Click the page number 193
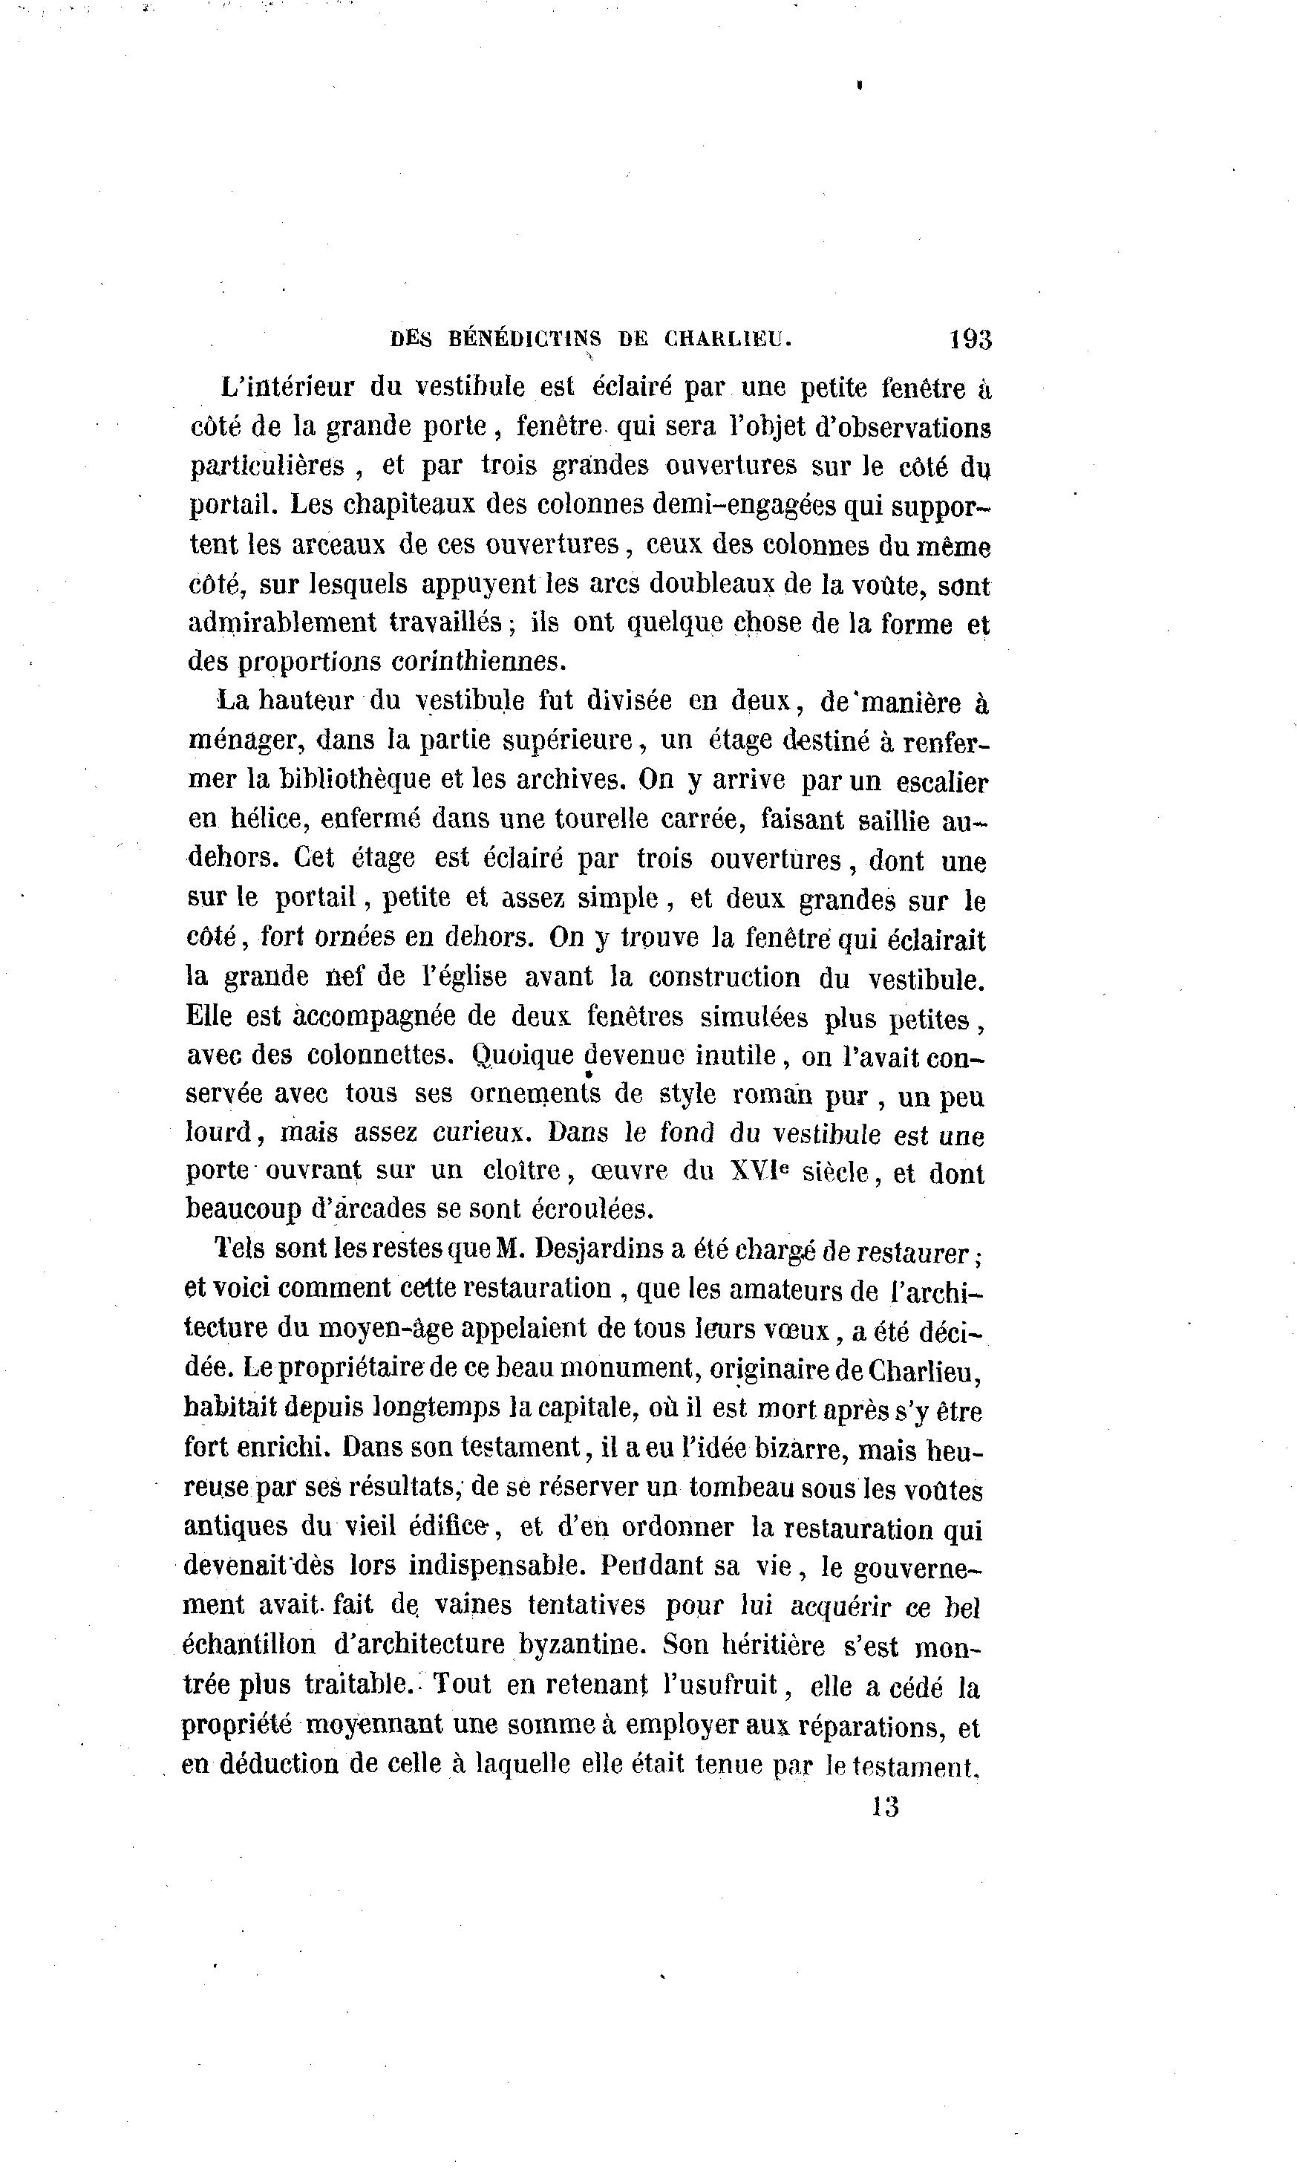coord(970,339)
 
